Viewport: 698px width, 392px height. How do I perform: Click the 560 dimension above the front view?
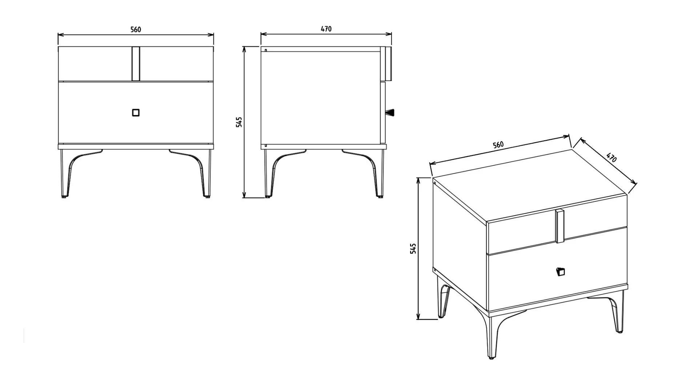[x=136, y=29]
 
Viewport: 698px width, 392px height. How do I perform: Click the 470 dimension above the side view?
[x=326, y=29]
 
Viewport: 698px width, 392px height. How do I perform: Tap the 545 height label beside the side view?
[x=239, y=122]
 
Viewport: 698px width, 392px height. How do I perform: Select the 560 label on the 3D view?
[x=498, y=145]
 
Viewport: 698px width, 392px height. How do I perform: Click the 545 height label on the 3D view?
[x=413, y=248]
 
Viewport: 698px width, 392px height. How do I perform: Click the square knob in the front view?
[x=136, y=113]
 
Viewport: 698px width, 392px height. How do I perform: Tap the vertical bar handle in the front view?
[x=136, y=64]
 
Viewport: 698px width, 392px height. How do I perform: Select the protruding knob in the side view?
[x=390, y=112]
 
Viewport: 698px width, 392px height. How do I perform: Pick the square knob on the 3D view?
[x=560, y=272]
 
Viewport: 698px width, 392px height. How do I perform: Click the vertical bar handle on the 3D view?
[x=560, y=226]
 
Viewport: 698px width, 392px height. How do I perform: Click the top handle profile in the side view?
[x=388, y=64]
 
